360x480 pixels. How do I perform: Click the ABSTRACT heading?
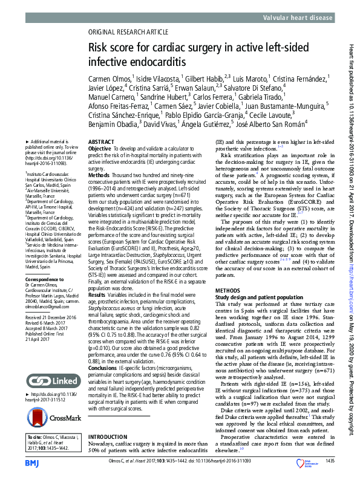tap(101, 141)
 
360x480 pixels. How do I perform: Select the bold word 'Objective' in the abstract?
tap(100, 148)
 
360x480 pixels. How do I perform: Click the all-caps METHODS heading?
tap(228, 290)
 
